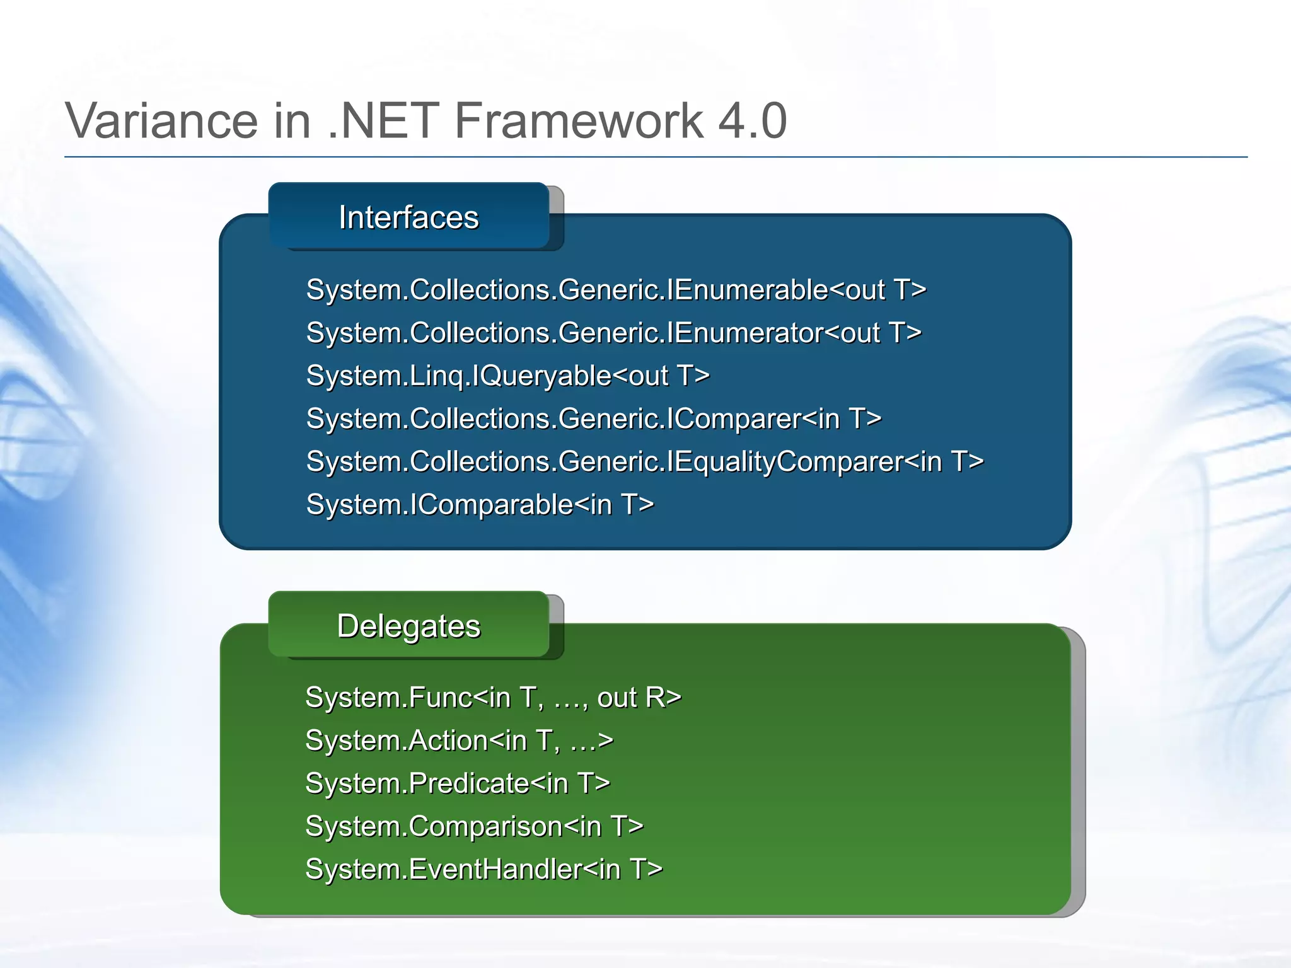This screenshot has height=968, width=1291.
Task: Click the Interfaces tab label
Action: click(408, 217)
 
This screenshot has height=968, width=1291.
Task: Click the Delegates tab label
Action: click(408, 626)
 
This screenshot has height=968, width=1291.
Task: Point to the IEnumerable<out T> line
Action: click(616, 290)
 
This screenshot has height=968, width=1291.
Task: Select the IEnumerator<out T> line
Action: click(613, 333)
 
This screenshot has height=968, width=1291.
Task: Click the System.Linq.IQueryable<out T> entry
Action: click(507, 376)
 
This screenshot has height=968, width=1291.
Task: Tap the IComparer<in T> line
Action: click(593, 418)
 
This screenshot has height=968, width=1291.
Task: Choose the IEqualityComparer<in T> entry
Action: click(644, 461)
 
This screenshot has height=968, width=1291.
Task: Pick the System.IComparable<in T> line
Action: click(480, 504)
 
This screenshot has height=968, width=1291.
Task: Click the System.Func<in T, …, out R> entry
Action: click(493, 698)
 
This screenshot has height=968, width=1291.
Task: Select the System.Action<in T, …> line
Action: click(459, 740)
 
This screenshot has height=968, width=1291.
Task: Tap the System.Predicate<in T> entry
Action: click(458, 783)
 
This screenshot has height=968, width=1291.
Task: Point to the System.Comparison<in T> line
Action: click(474, 826)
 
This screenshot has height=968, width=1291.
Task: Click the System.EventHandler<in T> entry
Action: click(483, 869)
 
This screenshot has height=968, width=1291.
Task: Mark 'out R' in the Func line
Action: click(638, 698)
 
